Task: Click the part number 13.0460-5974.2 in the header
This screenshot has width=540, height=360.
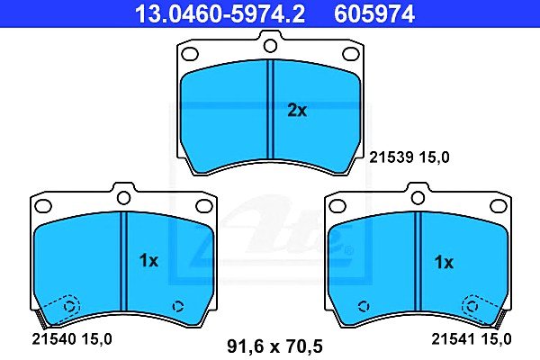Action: coord(220,13)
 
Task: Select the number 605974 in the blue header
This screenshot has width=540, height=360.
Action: coord(374,13)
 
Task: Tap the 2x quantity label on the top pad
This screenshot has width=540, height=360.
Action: coord(297,111)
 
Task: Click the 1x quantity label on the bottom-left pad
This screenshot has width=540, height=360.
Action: coord(148,261)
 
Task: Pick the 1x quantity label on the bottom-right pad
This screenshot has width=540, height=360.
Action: coord(444,263)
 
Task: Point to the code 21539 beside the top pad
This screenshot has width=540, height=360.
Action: coord(391,157)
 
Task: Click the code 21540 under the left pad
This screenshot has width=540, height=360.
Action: coord(53,339)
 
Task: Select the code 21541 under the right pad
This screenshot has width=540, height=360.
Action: coord(454,339)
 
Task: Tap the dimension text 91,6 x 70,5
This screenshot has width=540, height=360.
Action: coord(274,346)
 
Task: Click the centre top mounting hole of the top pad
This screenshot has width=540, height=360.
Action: coord(270,46)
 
